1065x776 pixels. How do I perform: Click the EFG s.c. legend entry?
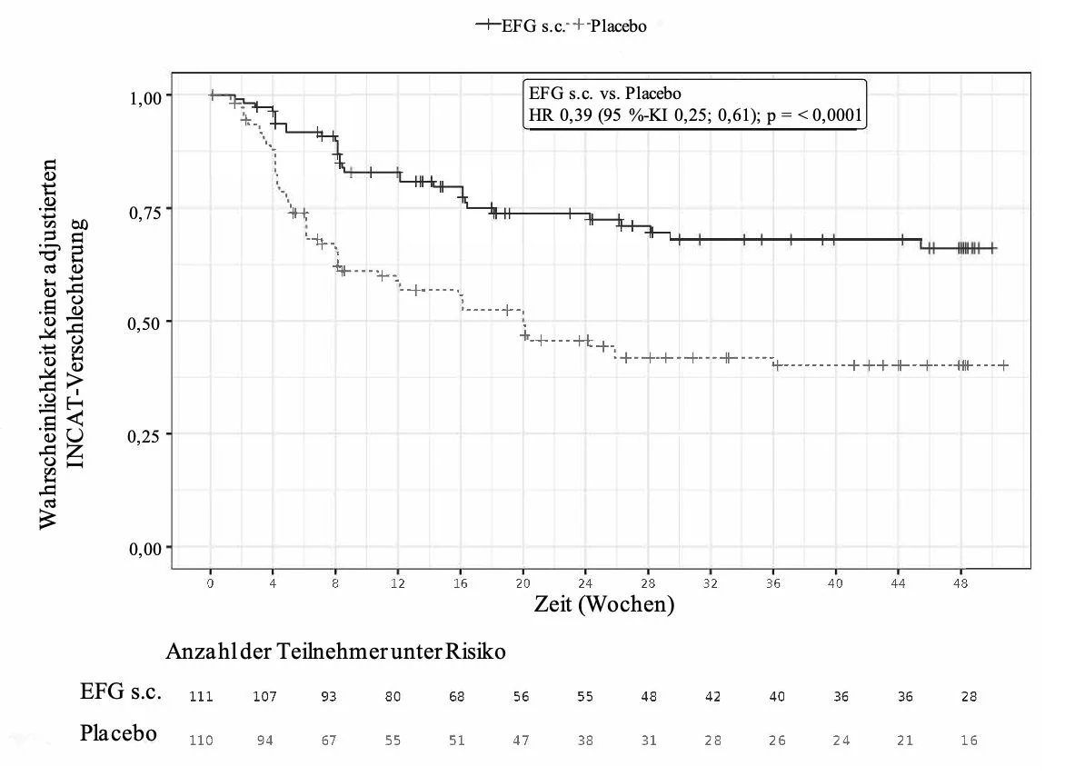pos(521,25)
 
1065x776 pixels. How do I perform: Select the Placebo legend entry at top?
pos(610,25)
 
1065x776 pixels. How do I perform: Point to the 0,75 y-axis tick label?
pos(145,213)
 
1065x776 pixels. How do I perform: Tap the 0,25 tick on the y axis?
pos(145,435)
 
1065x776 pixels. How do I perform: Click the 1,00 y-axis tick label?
pos(145,98)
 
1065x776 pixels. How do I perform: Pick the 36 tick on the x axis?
pos(773,582)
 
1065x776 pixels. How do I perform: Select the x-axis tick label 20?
pos(523,582)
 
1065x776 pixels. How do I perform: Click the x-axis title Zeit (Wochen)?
pos(603,603)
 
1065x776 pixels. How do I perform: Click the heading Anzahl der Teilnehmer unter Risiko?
pos(335,652)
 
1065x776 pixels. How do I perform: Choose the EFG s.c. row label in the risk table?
pos(120,691)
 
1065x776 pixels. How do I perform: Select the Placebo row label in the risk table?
pos(118,733)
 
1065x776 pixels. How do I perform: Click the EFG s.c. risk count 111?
pos(201,697)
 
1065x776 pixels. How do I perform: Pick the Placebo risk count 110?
pos(201,740)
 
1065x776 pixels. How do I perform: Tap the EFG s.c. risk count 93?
pos(329,697)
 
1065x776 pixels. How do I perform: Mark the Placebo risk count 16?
pos(970,740)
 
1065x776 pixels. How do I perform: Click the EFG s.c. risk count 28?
pos(970,697)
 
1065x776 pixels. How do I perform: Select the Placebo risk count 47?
pos(521,740)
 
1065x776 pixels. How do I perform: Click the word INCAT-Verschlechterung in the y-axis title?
pos(76,343)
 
